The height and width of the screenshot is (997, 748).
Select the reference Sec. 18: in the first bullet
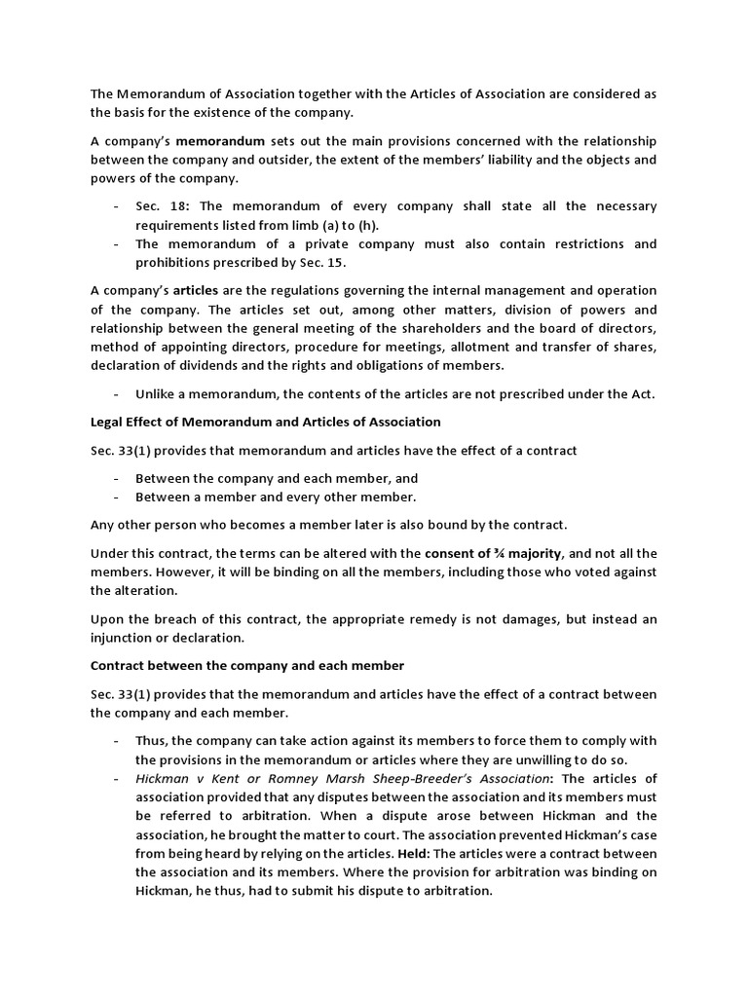[159, 206]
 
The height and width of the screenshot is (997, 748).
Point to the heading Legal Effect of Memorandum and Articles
[265, 422]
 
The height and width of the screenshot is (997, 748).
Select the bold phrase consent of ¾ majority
[495, 553]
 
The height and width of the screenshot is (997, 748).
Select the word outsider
[314, 160]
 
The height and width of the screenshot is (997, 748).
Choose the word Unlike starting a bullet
[156, 393]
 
